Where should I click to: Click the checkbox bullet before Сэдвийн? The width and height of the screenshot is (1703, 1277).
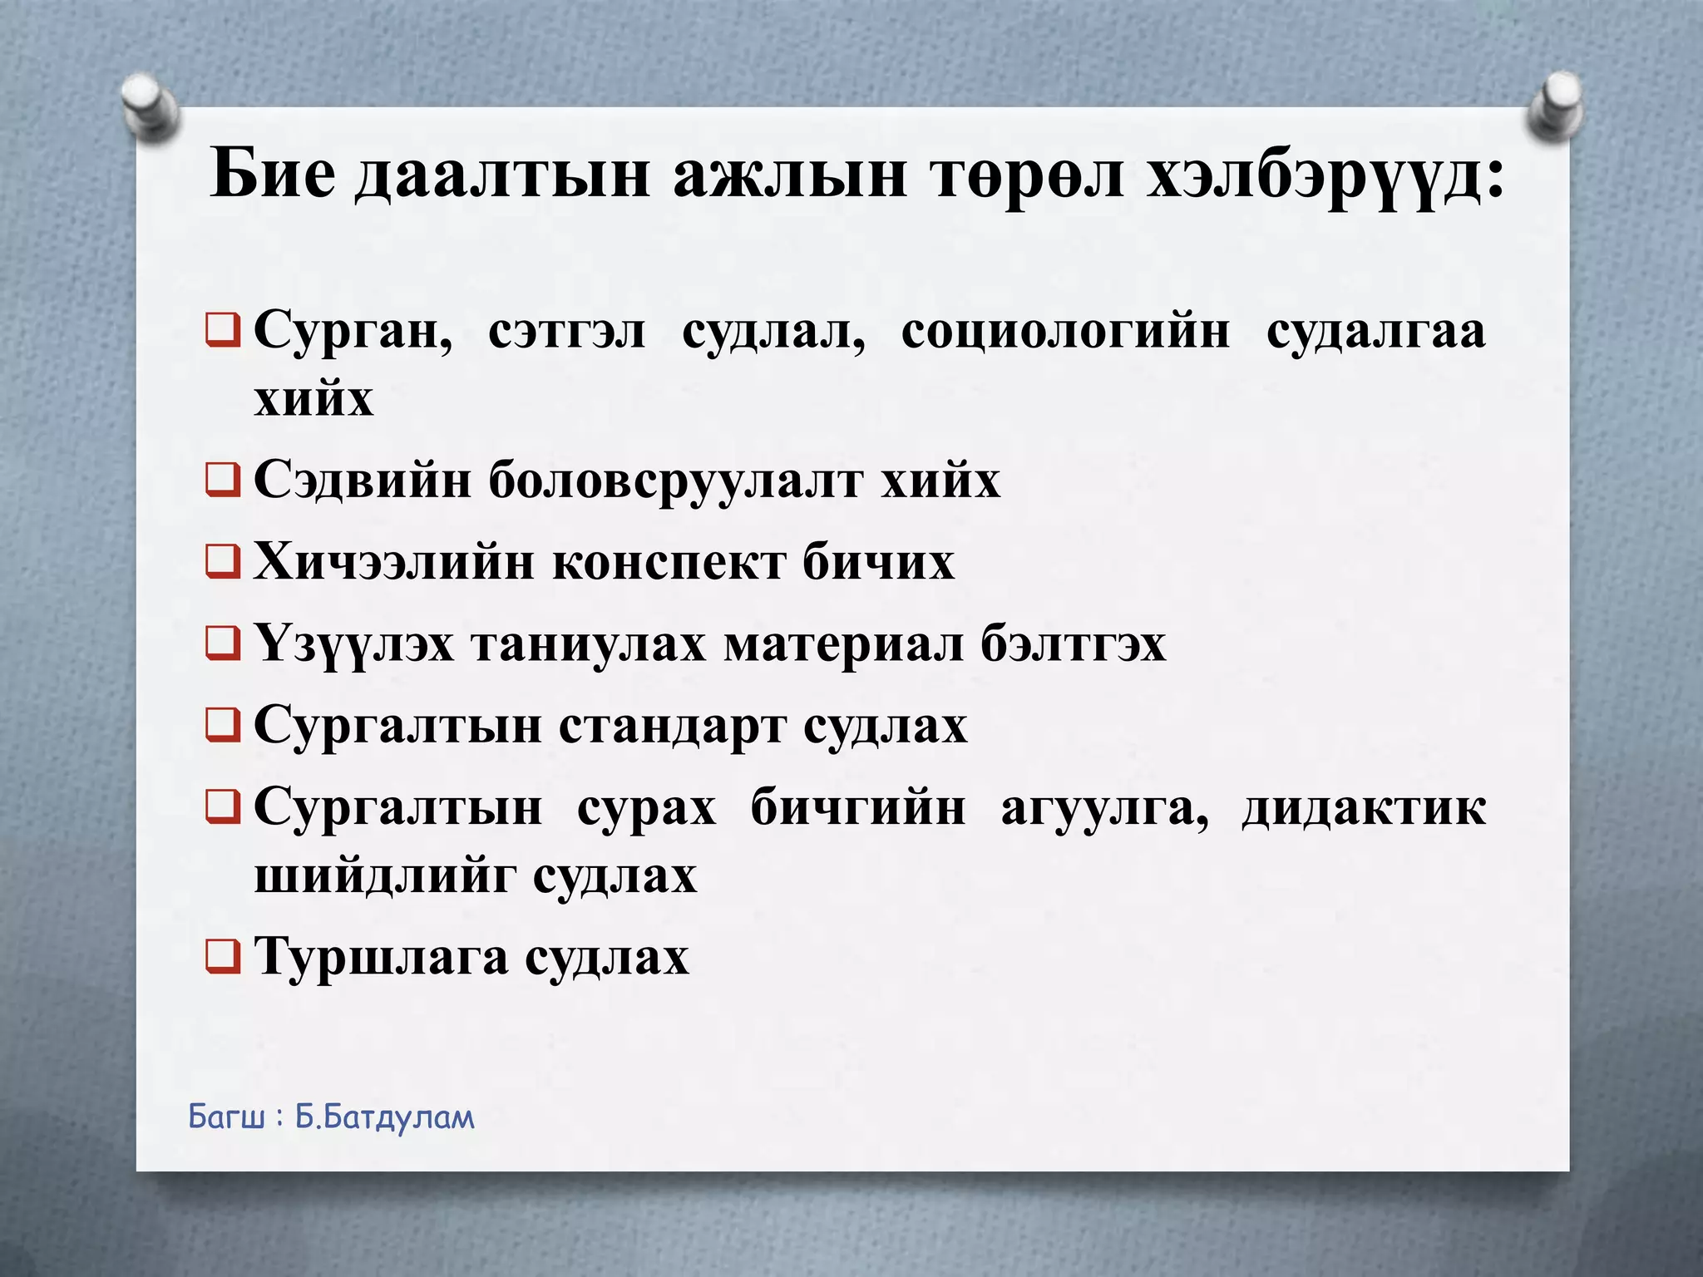pyautogui.click(x=223, y=480)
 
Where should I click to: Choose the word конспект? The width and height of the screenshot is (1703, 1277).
pyautogui.click(x=669, y=562)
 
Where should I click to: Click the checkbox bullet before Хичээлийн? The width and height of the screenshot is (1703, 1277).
pyautogui.click(x=223, y=561)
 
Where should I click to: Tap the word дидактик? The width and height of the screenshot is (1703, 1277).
pyautogui.click(x=1364, y=808)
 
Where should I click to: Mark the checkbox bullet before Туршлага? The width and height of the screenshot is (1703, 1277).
pyautogui.click(x=223, y=956)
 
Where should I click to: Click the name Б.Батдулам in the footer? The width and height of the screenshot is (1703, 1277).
pyautogui.click(x=384, y=1117)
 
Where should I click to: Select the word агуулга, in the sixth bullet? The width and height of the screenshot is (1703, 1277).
pyautogui.click(x=1104, y=808)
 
